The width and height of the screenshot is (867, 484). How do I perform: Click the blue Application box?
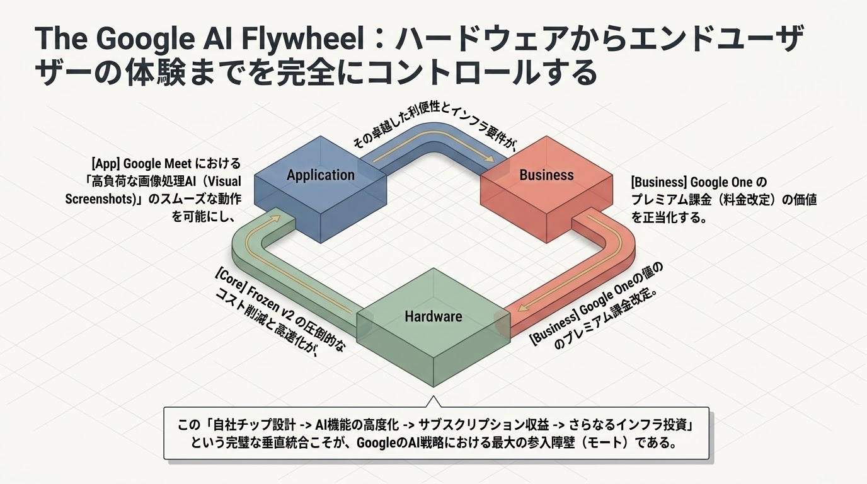(321, 189)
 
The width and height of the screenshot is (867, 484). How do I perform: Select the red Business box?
(546, 189)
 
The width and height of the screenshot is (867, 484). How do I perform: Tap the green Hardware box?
(433, 327)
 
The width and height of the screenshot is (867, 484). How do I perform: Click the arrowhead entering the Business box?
(490, 159)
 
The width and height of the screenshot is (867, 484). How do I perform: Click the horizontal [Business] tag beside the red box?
(659, 182)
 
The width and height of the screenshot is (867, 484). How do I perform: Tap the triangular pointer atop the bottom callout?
(433, 401)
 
